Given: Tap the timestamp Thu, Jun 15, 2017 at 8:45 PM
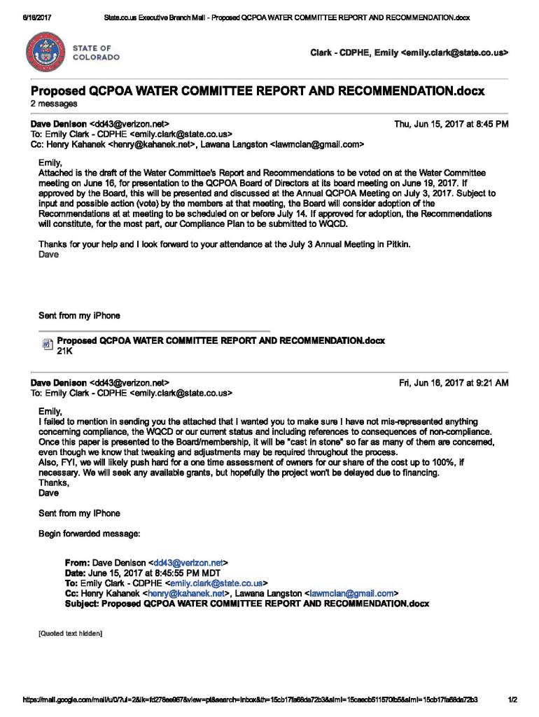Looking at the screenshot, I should (x=451, y=124).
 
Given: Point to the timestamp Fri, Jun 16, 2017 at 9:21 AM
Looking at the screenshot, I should (x=454, y=383).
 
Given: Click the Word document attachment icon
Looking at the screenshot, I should (x=47, y=344).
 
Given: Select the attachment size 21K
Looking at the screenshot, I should (x=65, y=351).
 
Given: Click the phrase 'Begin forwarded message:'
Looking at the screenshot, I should (x=90, y=534).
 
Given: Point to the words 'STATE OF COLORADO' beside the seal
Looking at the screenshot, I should (x=96, y=53).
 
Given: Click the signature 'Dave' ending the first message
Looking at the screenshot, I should (x=49, y=254).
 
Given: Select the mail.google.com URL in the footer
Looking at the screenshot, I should (x=250, y=699).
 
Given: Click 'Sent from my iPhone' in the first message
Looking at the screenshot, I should (x=79, y=316).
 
